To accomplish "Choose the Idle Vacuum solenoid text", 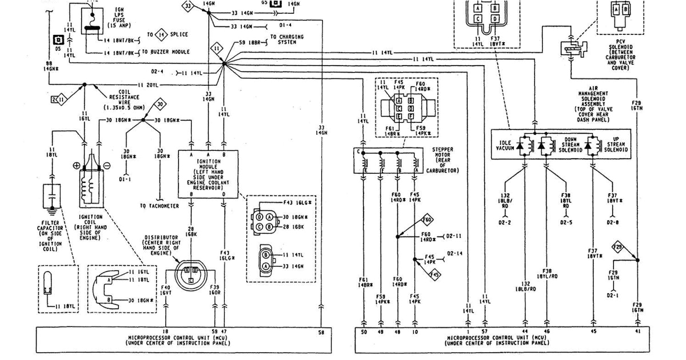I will coord(506,146).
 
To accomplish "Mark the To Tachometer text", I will coord(159,206).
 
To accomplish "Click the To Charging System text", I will coord(290,39).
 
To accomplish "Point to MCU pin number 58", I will coord(321,331).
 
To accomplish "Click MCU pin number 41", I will coord(637,331).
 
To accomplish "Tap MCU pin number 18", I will coord(166,331).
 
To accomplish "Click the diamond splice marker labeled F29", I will coord(618,247).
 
